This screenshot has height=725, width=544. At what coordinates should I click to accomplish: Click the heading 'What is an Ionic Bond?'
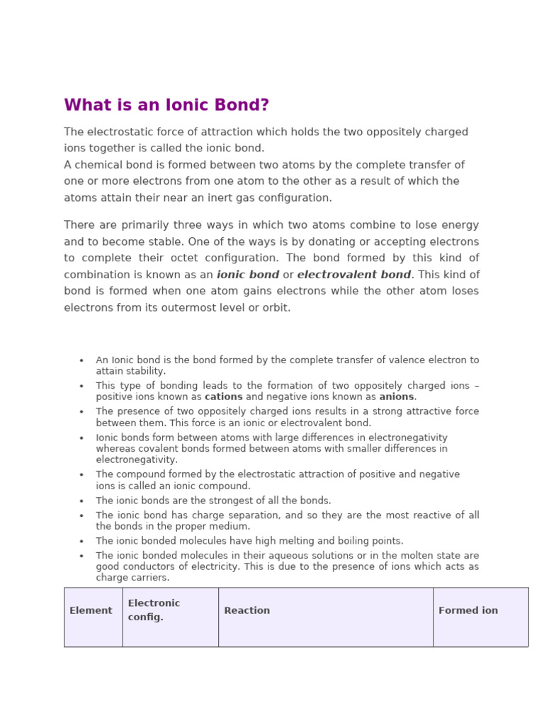[x=166, y=105]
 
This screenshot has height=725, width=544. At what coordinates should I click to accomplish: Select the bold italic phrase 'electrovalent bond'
[x=354, y=275]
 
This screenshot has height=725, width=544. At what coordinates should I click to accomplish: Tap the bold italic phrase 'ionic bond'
[x=248, y=275]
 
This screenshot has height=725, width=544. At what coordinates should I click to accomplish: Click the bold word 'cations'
[x=223, y=397]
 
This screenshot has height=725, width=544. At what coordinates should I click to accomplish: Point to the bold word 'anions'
[x=397, y=397]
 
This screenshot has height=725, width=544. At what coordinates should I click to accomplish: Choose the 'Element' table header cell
[x=91, y=610]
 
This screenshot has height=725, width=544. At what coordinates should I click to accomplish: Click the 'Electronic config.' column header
[x=154, y=610]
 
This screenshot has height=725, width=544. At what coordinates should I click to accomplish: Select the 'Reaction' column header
[x=246, y=610]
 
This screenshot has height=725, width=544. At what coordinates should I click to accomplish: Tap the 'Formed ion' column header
[x=468, y=610]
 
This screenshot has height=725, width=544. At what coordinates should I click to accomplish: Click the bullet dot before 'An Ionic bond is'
[x=81, y=360]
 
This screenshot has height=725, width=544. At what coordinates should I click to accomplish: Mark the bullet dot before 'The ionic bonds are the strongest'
[x=81, y=501]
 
